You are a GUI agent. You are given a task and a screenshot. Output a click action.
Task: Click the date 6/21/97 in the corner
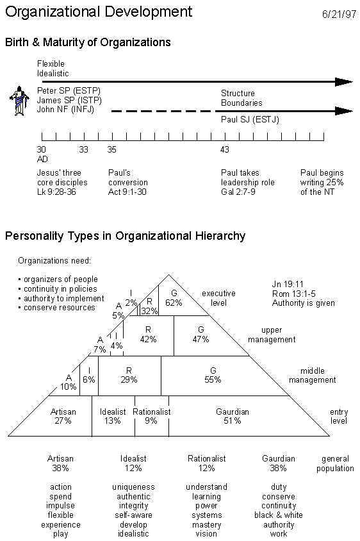[339, 14]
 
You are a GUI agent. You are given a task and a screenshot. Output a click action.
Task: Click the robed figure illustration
[19, 101]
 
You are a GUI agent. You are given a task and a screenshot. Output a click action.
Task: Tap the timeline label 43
[224, 149]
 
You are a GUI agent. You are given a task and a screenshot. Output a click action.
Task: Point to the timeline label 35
[111, 149]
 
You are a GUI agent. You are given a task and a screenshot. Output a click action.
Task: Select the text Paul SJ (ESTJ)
[250, 119]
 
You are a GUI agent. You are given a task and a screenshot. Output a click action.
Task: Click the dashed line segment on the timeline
[161, 111]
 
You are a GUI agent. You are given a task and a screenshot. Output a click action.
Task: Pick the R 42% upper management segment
[149, 335]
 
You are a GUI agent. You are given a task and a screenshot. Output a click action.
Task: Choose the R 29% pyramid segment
[129, 376]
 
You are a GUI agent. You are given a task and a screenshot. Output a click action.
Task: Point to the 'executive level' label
[218, 298]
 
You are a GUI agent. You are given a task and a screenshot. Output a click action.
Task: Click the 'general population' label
[335, 463]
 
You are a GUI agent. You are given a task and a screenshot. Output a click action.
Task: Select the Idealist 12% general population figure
[133, 463]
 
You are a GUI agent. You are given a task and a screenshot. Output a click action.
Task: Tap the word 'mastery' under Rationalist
[206, 524]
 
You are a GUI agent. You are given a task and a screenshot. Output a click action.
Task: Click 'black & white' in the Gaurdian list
[279, 515]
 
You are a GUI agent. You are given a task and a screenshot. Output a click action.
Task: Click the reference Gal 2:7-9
[238, 192]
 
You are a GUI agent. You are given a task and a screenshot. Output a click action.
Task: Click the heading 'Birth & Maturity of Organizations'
[88, 42]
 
